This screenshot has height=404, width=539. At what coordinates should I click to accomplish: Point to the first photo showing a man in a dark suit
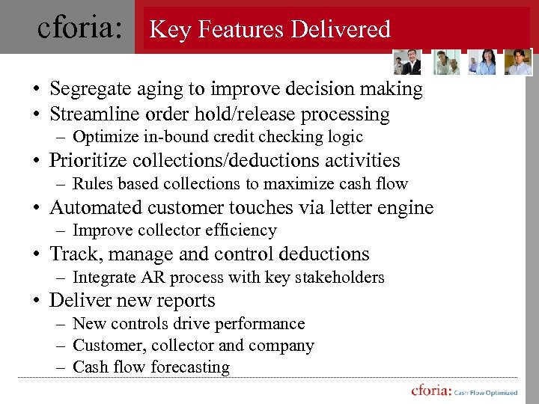tap(409, 63)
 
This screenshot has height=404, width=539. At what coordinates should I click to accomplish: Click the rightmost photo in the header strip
tap(518, 63)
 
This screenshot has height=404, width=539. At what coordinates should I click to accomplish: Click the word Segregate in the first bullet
tap(85, 89)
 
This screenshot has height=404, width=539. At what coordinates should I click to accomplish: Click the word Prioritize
tap(85, 161)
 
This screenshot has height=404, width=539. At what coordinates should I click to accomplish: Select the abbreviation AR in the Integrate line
tap(153, 278)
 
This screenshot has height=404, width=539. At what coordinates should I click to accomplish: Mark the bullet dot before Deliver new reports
tap(35, 302)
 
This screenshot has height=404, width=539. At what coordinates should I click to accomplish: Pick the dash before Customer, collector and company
tap(59, 346)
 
